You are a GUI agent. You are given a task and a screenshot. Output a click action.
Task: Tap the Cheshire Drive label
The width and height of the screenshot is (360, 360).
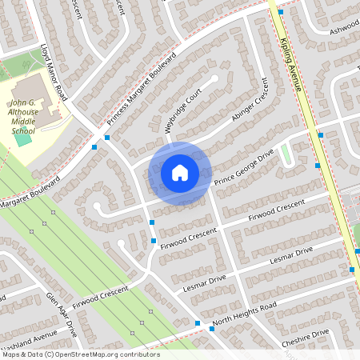[x=305, y=338]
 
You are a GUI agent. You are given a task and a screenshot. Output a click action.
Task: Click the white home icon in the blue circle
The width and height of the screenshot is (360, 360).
[x=180, y=173]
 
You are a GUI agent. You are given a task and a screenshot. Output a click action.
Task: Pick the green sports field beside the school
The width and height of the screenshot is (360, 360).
[x=23, y=139]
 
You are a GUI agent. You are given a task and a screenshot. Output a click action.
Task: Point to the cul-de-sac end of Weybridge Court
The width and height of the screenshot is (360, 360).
[x=214, y=79]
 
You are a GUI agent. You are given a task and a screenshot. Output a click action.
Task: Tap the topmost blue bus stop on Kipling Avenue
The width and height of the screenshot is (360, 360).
[x=281, y=12]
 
